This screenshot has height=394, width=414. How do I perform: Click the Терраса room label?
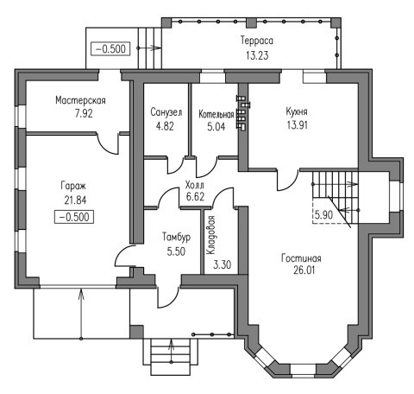(x=257, y=41)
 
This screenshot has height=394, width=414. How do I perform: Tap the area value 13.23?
(x=257, y=55)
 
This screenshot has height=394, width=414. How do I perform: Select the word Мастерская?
(x=80, y=100)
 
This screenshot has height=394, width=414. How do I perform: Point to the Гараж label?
(x=73, y=186)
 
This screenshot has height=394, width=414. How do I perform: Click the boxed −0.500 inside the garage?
(x=74, y=217)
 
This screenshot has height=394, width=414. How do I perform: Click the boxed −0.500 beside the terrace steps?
(x=110, y=49)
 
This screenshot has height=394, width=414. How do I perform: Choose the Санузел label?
(x=166, y=112)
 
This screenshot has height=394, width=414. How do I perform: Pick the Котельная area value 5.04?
(x=216, y=127)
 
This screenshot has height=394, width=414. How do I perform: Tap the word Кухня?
(x=297, y=111)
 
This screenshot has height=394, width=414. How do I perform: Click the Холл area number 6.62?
(x=195, y=197)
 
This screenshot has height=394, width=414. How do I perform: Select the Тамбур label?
(x=176, y=238)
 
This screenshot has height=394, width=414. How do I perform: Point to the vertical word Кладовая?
(x=210, y=235)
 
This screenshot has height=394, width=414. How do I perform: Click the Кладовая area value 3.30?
(x=222, y=264)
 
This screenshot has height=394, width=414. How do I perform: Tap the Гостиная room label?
(x=301, y=258)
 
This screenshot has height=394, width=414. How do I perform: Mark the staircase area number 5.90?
(x=323, y=215)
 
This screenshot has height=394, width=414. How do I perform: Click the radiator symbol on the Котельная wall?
(x=243, y=112)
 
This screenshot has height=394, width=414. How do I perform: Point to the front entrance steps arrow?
(x=172, y=351)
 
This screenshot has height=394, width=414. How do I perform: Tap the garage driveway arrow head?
(x=81, y=294)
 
